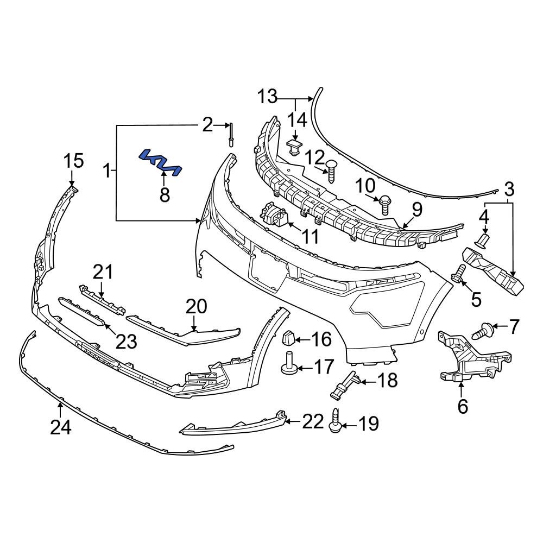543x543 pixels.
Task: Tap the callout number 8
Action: (165, 194)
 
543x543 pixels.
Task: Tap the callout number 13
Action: (267, 97)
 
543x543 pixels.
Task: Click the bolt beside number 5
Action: (459, 273)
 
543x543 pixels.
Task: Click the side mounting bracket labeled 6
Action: (472, 358)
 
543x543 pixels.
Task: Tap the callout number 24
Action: (61, 428)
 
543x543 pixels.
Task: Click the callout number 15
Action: (74, 161)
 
